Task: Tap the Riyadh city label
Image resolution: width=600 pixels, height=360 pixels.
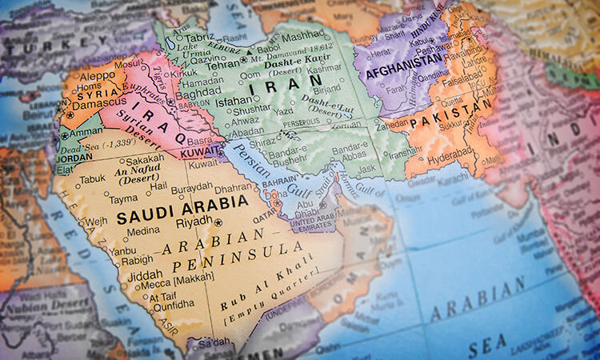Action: tap(194, 222)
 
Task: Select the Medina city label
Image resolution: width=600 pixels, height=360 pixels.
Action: tap(143, 231)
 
